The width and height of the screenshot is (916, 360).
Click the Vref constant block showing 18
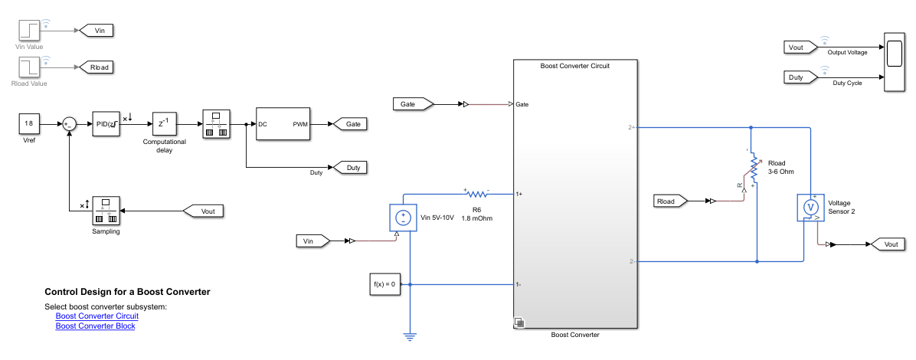click(x=29, y=123)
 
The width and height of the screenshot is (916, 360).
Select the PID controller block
click(x=105, y=123)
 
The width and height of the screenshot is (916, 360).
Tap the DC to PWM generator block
click(x=283, y=123)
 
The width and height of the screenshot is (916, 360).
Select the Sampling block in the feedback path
click(x=107, y=211)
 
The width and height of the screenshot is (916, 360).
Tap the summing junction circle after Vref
click(x=69, y=123)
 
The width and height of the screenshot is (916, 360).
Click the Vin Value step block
click(x=29, y=31)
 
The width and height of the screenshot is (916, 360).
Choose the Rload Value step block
click(x=29, y=67)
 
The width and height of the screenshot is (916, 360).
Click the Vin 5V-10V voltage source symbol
click(x=403, y=218)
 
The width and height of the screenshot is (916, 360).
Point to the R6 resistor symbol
click(x=476, y=194)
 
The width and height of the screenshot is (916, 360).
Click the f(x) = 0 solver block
click(x=384, y=284)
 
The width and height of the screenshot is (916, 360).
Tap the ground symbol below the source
click(x=411, y=335)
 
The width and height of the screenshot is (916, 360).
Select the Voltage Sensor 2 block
click(x=810, y=207)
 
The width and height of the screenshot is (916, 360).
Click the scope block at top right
click(x=893, y=62)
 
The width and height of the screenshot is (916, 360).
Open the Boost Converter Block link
click(x=95, y=326)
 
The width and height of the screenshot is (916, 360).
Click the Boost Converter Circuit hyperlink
click(x=97, y=316)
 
